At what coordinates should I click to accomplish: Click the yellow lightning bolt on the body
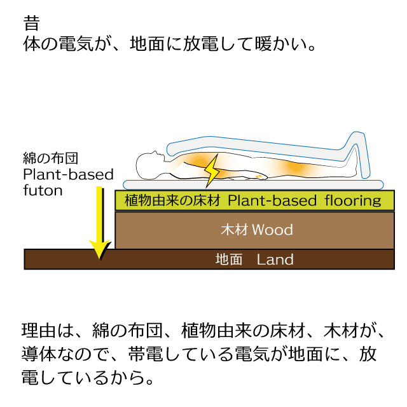click(212, 171)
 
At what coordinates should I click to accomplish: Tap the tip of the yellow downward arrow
click(100, 259)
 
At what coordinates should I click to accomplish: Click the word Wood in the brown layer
click(272, 230)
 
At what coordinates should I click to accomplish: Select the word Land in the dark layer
click(275, 259)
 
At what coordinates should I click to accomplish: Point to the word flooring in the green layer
click(353, 201)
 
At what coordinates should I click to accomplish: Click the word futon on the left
click(43, 191)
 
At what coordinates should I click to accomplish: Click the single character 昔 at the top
click(31, 23)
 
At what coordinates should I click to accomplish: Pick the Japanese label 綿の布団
click(51, 158)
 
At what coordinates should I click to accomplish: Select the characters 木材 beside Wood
click(234, 230)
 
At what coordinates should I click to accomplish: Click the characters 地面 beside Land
click(229, 259)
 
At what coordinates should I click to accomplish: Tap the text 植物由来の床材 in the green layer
click(172, 200)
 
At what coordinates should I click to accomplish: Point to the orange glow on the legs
click(295, 167)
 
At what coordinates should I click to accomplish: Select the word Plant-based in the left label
click(69, 174)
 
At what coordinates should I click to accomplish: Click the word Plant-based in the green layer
click(272, 200)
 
